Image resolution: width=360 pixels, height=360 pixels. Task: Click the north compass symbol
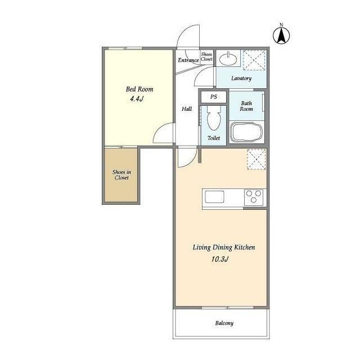click(x=281, y=35)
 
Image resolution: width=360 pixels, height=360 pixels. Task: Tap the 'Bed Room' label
click(x=139, y=89)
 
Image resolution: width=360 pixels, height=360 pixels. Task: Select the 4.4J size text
click(x=137, y=99)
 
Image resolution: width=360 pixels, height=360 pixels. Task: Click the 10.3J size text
click(x=220, y=259)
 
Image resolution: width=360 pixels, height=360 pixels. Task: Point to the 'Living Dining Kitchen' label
click(x=224, y=247)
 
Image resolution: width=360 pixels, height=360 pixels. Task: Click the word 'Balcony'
click(x=224, y=323)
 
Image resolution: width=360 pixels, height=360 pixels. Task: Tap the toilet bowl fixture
click(x=214, y=118)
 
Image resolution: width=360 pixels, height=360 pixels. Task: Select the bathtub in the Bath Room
click(x=247, y=132)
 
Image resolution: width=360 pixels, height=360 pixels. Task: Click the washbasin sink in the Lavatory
click(x=228, y=59)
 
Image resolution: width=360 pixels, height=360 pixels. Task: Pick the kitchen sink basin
click(x=214, y=197)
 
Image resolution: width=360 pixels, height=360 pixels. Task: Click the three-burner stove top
click(x=254, y=197)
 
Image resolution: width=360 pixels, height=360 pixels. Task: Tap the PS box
click(x=214, y=97)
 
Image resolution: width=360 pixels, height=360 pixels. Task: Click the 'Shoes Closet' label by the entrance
click(x=206, y=57)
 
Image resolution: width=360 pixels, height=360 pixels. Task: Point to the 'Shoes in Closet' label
click(x=121, y=175)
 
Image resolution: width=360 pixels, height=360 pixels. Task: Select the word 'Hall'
click(x=187, y=109)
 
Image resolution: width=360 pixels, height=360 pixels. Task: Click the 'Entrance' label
click(x=188, y=60)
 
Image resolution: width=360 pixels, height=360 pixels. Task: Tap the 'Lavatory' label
click(x=241, y=78)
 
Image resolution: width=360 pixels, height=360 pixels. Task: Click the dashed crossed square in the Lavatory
click(x=254, y=60)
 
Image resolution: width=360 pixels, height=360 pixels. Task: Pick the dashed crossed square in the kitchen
click(x=256, y=159)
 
